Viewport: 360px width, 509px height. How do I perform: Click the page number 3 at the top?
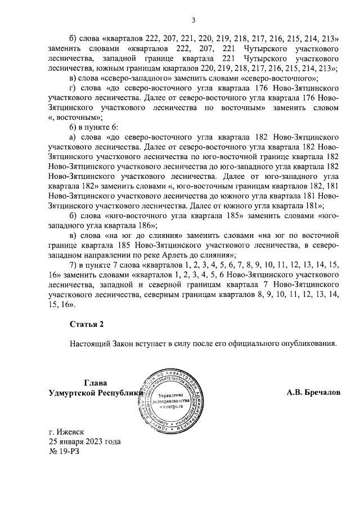coord(193,21)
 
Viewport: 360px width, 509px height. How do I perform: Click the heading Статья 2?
coord(87,324)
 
